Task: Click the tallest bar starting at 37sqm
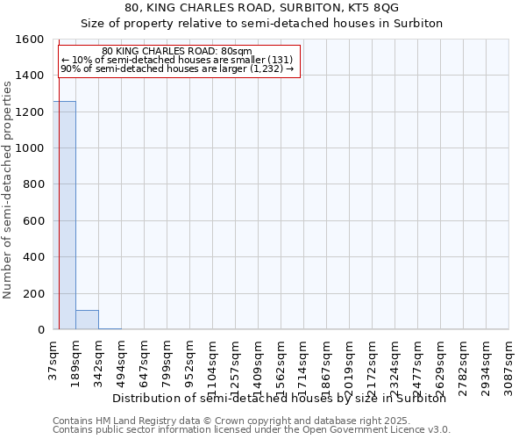coord(64,215)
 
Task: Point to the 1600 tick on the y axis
coord(32,40)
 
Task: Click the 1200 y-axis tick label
coord(32,112)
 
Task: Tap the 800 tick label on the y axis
coord(35,185)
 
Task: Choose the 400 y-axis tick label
coord(35,257)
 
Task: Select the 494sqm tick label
coord(122,363)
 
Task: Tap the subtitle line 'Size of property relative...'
coord(262,23)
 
